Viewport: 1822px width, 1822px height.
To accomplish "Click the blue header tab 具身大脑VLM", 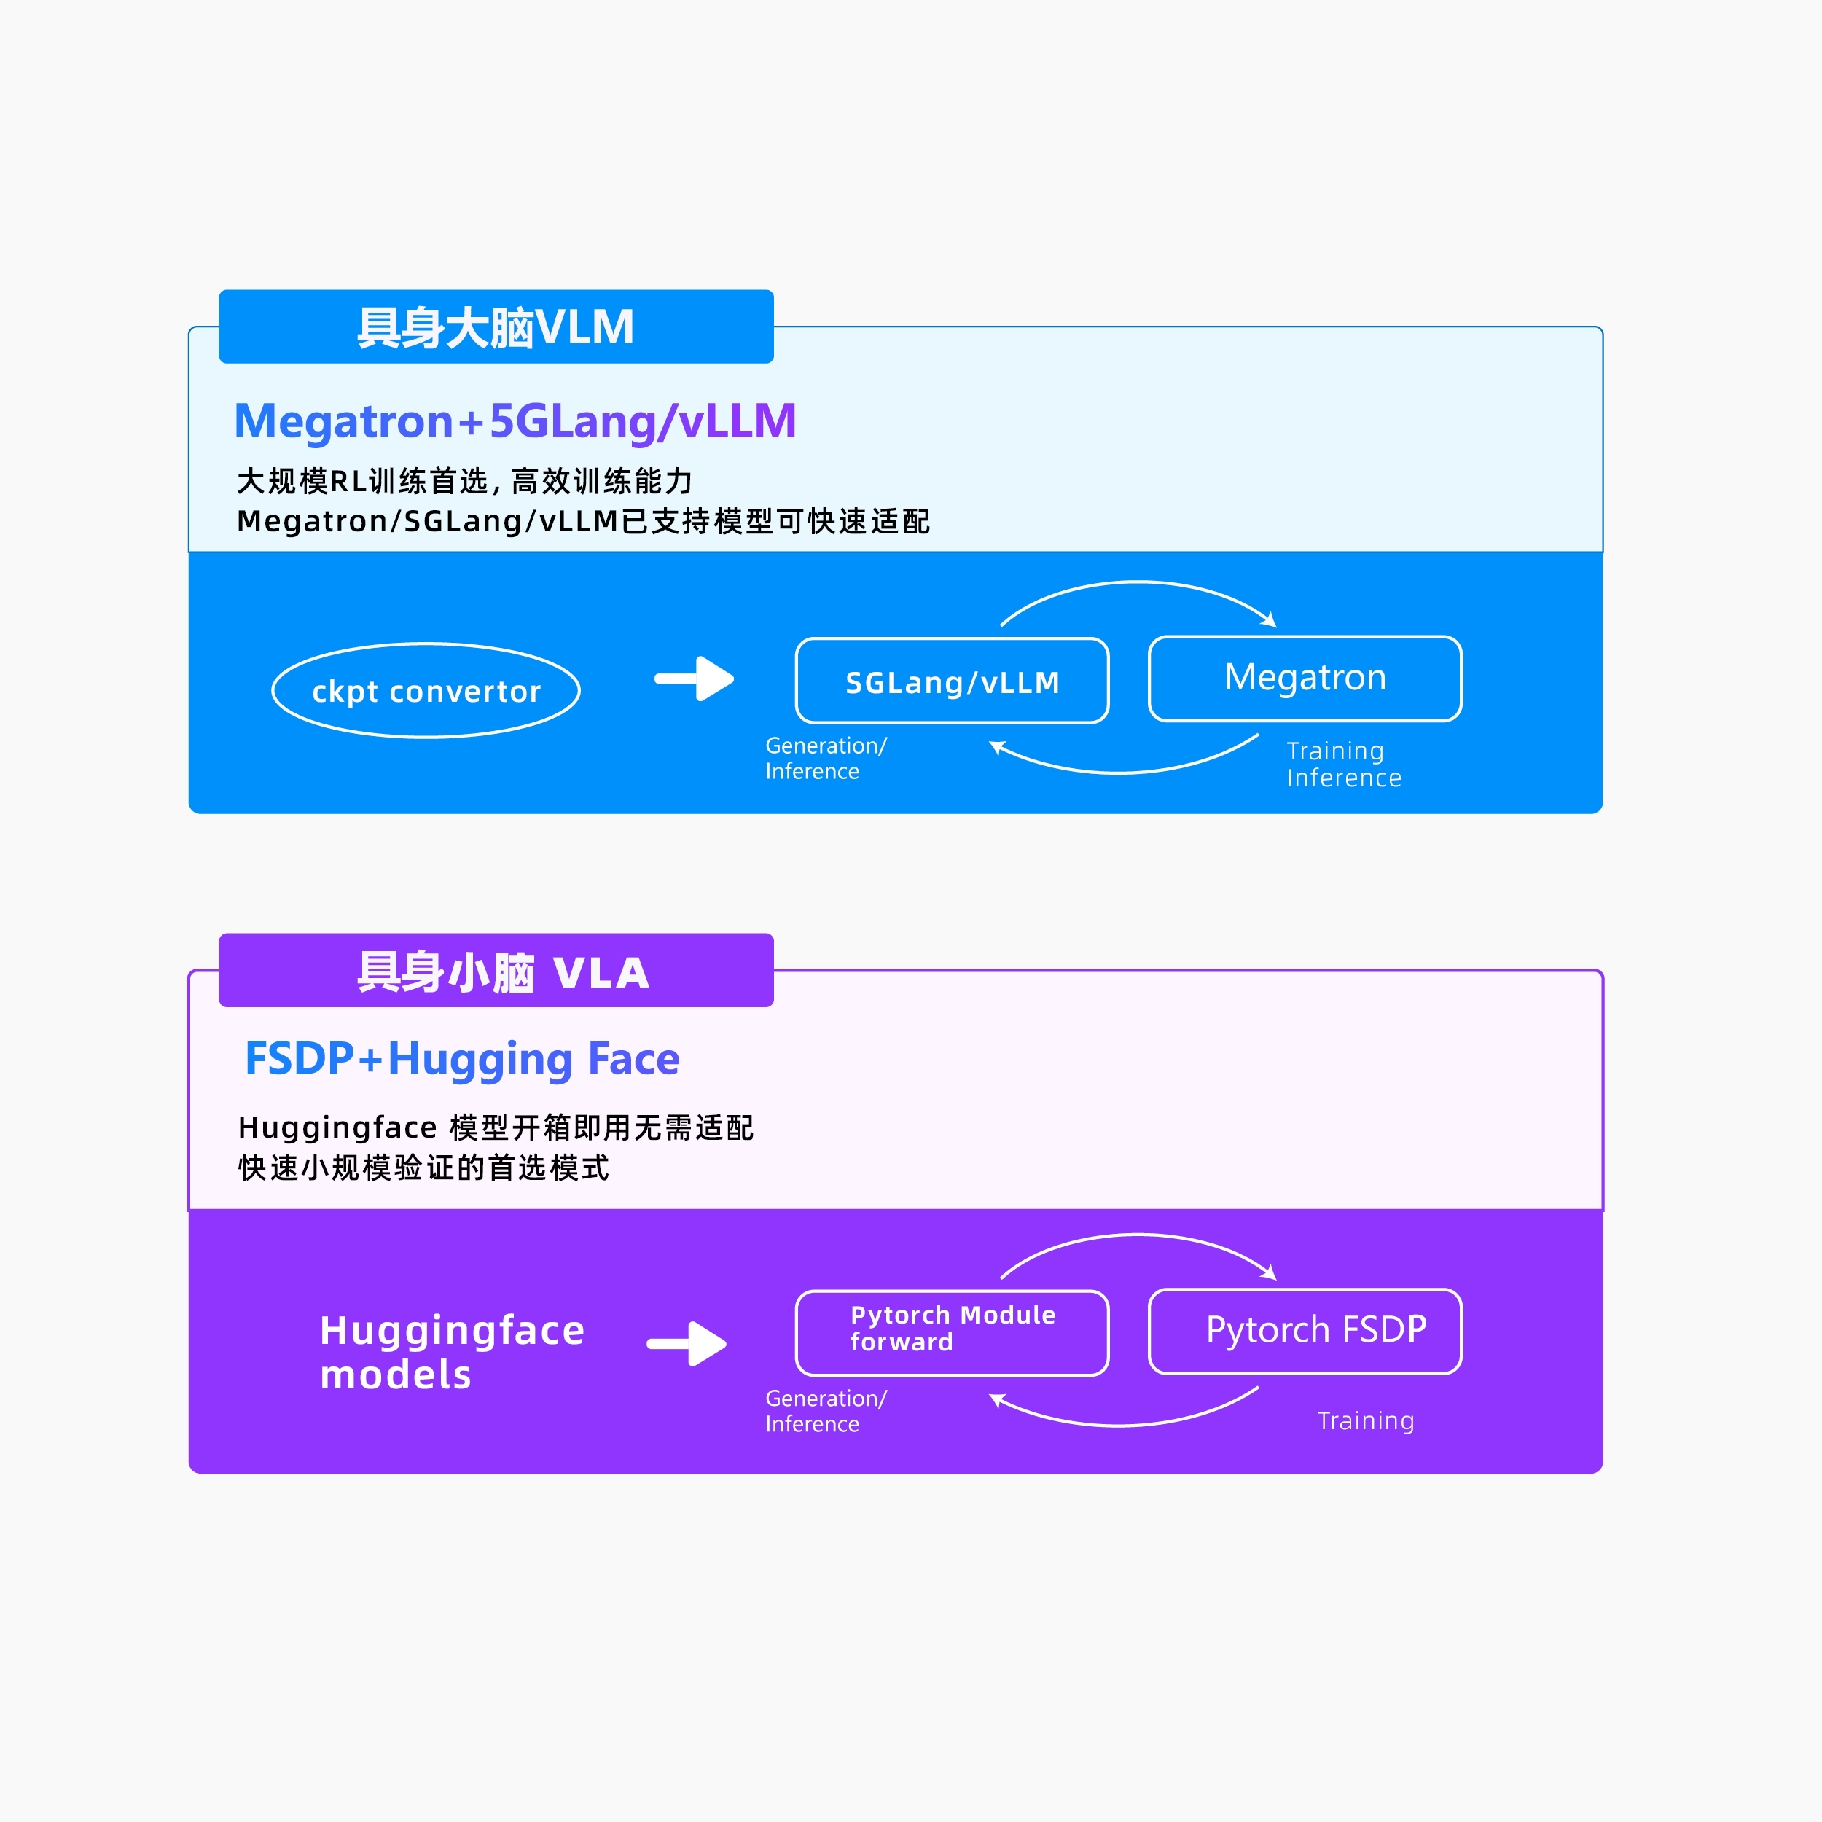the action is pyautogui.click(x=496, y=327).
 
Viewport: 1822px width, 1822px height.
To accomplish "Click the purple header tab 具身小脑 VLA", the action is pyautogui.click(x=496, y=971).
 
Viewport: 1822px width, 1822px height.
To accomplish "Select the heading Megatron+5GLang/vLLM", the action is pyautogui.click(x=515, y=421).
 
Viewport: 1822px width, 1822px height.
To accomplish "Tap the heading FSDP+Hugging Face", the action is pyautogui.click(x=462, y=1059).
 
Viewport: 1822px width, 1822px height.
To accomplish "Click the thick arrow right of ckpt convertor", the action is pyautogui.click(x=694, y=679).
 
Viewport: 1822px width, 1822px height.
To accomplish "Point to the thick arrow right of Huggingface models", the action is pyautogui.click(x=687, y=1344).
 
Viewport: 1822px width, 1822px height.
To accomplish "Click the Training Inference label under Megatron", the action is pyautogui.click(x=1344, y=764).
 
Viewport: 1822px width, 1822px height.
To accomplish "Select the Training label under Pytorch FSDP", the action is pyautogui.click(x=1366, y=1420).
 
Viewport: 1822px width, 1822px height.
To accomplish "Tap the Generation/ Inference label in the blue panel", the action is pyautogui.click(x=826, y=758).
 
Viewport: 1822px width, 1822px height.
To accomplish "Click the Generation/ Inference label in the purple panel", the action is pyautogui.click(x=826, y=1411).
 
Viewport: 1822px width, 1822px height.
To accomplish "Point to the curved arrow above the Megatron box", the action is pyautogui.click(x=1138, y=583).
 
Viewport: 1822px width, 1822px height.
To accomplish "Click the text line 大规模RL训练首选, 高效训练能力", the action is pyautogui.click(x=464, y=481).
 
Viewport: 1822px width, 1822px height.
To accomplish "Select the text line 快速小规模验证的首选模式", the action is pyautogui.click(x=423, y=1168).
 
